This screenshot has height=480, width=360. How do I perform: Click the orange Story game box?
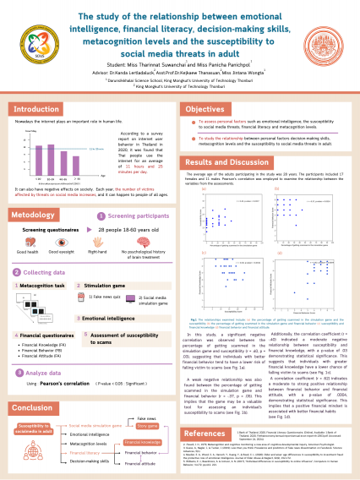click(147, 403)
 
